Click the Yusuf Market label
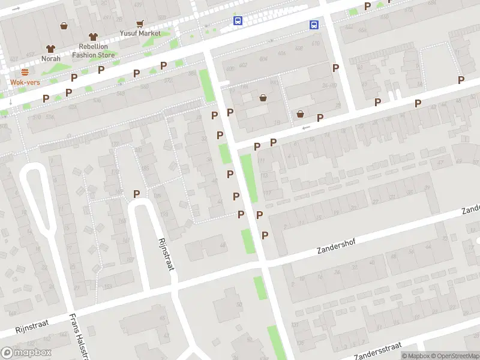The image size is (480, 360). point(139,34)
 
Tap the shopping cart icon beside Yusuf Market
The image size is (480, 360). point(140,24)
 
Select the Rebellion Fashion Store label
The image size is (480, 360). point(93,50)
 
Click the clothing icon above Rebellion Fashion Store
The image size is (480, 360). point(93,37)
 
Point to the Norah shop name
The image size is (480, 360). point(50,59)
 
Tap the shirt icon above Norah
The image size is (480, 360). point(50,49)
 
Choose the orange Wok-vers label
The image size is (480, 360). point(25,82)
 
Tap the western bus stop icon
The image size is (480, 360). point(238,20)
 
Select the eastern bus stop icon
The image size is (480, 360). point(314,25)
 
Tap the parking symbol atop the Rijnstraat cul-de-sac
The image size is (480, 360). point(137,194)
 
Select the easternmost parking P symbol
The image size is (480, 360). point(461,80)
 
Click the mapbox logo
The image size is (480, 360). point(26,353)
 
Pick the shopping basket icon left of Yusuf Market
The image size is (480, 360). point(64,26)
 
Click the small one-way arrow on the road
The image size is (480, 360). point(306,127)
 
